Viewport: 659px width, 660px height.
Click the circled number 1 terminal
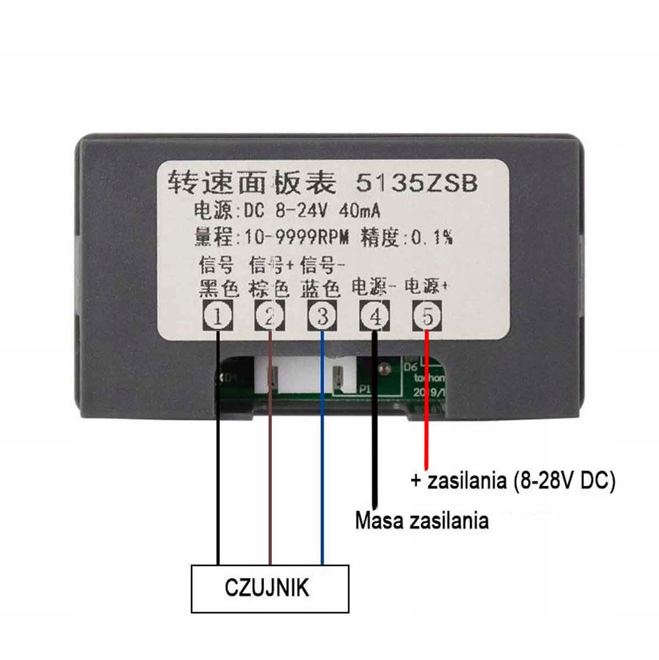[x=218, y=317]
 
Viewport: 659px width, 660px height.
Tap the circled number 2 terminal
[x=270, y=317]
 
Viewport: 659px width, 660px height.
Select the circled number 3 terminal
[x=322, y=317]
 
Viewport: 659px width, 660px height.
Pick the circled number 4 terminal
[x=375, y=317]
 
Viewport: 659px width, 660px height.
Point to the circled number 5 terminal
[x=427, y=317]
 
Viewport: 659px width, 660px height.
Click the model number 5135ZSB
[x=417, y=183]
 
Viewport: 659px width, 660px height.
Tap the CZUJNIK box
[x=270, y=589]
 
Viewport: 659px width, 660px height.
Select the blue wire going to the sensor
[x=322, y=467]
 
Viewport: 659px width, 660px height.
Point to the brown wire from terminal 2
[x=270, y=467]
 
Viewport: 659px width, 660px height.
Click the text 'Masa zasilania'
[x=421, y=520]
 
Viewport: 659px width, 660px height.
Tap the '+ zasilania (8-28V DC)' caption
[x=513, y=481]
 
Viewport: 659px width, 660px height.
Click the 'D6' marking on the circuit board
[x=410, y=367]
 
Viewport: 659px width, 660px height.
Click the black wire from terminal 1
[x=218, y=467]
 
